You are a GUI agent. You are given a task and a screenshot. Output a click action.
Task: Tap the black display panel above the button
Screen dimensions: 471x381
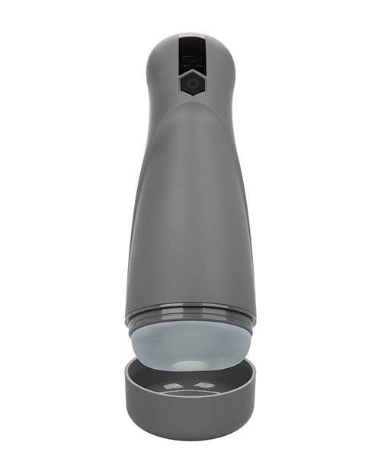pyautogui.click(x=190, y=53)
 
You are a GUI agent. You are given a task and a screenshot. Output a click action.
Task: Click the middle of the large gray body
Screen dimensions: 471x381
pyautogui.click(x=190, y=213)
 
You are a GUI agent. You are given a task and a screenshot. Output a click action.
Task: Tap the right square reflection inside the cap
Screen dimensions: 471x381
pyautogui.click(x=207, y=384)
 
